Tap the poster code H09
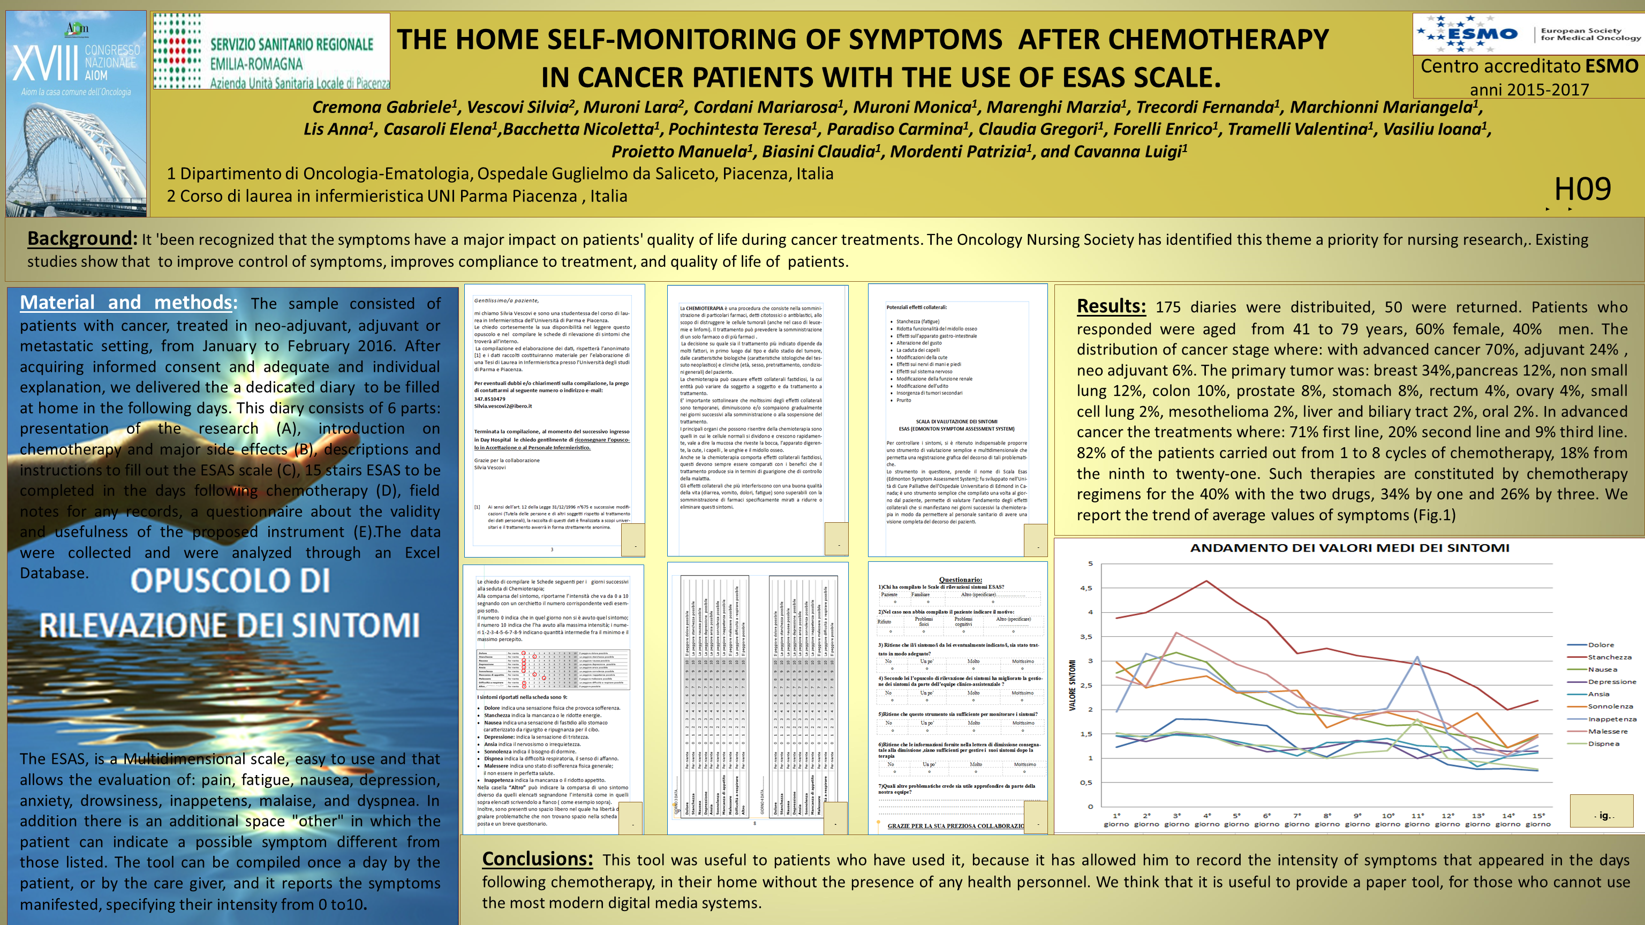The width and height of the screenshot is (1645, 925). pos(1582,189)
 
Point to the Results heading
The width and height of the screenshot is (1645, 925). pos(1111,306)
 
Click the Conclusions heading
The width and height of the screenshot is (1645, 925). pos(537,859)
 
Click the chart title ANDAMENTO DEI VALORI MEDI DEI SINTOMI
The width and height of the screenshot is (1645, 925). pos(1349,548)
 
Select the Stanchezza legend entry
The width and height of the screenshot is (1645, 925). pos(1609,657)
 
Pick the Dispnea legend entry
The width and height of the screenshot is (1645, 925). pos(1603,743)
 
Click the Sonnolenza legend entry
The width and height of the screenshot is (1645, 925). pos(1610,706)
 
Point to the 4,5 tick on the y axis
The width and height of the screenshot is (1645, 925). pos(1085,588)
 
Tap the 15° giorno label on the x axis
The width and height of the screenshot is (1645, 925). pos(1538,819)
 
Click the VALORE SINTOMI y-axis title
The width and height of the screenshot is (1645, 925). pos(1072,685)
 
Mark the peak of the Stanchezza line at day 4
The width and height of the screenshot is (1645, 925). pos(1206,581)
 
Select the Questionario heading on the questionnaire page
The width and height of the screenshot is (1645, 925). pos(960,580)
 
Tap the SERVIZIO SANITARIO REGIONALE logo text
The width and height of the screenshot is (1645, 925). pos(291,44)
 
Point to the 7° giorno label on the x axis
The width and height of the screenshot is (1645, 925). pos(1297,819)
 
